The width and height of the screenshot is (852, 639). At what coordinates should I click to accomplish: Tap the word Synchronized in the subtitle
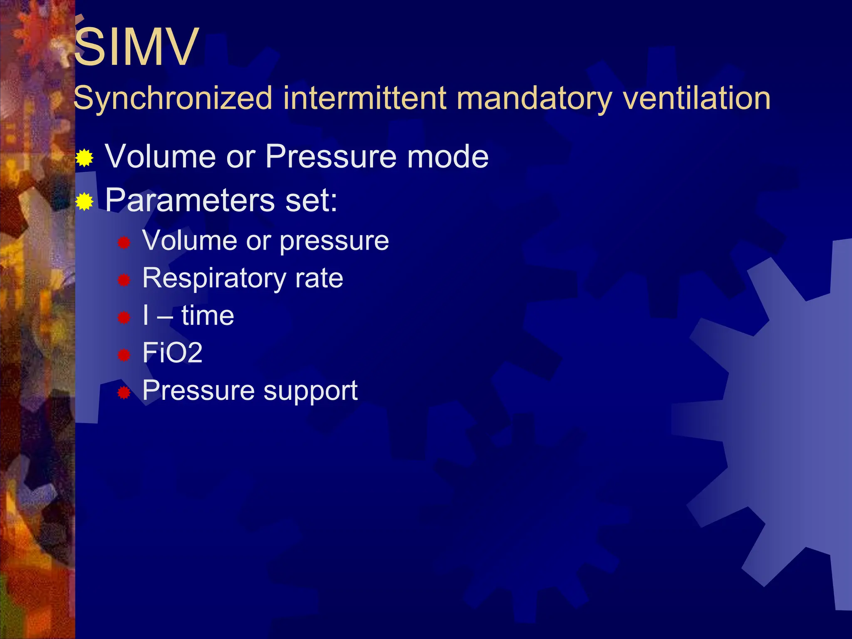173,99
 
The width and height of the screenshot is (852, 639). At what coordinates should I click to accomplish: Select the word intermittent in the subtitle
365,99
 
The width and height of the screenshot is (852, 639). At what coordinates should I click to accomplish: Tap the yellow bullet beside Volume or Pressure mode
84,158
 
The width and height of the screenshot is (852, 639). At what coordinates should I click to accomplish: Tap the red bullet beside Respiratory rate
124,280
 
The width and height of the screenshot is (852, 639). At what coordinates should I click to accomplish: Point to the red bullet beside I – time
124,318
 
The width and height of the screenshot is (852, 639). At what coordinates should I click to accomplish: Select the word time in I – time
208,315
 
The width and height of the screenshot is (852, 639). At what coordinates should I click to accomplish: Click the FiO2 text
172,353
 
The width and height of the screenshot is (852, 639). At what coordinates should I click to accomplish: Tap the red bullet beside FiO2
124,355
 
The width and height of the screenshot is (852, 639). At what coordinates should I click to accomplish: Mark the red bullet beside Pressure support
124,393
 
